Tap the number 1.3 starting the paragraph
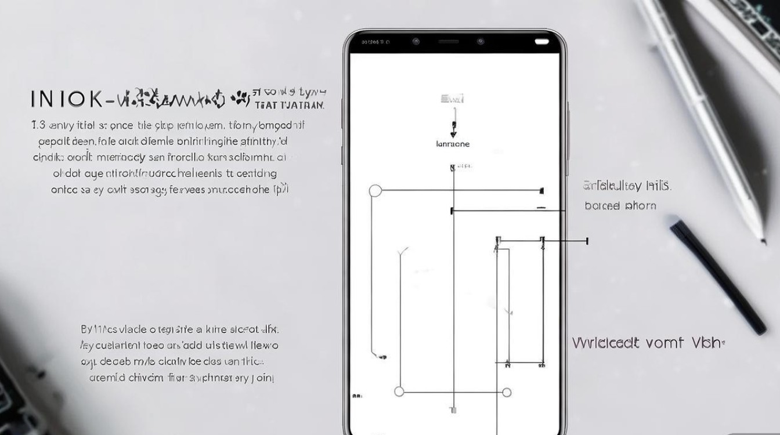[x=38, y=125]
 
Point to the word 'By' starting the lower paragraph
[x=86, y=329]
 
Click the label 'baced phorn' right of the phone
[x=620, y=205]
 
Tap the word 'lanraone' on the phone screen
[x=452, y=144]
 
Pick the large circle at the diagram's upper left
[x=375, y=190]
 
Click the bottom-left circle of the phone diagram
[x=399, y=392]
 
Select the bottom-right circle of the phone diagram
[x=506, y=392]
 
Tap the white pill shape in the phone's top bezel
[x=541, y=42]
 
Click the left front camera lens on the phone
[x=416, y=42]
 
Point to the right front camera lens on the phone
[x=481, y=42]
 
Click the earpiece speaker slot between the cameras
[x=447, y=42]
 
